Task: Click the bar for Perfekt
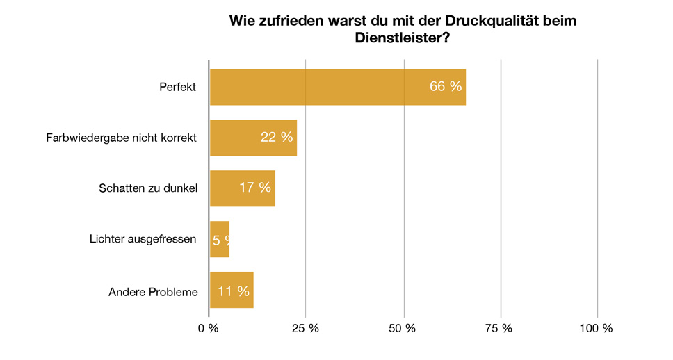click(x=337, y=87)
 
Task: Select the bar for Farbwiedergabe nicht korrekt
click(x=253, y=138)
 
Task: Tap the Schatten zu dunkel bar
click(x=242, y=188)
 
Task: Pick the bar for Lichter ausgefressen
click(x=220, y=239)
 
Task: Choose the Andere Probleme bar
click(x=232, y=290)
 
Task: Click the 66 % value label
click(x=446, y=87)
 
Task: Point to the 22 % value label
click(x=277, y=138)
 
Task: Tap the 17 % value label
click(x=255, y=188)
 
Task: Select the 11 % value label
click(x=234, y=291)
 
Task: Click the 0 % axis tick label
click(x=209, y=328)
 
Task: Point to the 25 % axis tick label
click(x=305, y=328)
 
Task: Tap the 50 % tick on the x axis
click(x=403, y=328)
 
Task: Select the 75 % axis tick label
click(x=499, y=328)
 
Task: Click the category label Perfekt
click(x=178, y=88)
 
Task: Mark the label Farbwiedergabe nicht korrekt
click(x=122, y=138)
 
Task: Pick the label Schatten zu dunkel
click(x=148, y=188)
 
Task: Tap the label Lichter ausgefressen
click(x=143, y=239)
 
